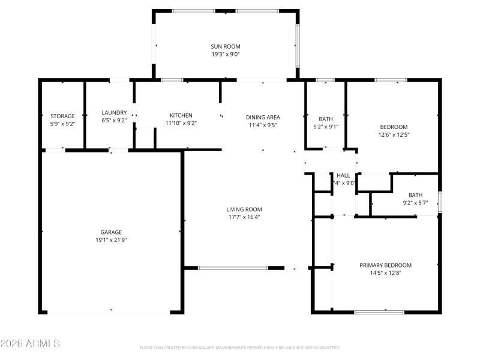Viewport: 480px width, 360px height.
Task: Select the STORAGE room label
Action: [x=62, y=116]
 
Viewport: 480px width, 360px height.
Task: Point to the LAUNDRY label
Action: [x=114, y=112]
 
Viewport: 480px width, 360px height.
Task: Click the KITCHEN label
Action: [x=181, y=115]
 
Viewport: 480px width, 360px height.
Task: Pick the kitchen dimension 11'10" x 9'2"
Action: [x=181, y=123]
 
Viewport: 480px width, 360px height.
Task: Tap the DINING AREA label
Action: [x=263, y=117]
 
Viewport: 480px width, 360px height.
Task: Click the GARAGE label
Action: [x=111, y=232]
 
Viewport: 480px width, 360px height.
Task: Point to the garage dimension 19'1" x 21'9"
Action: [x=111, y=240]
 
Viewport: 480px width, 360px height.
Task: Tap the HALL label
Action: [x=343, y=175]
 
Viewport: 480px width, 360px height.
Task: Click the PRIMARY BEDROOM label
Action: [x=385, y=265]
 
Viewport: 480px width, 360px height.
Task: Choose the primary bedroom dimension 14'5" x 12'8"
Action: [x=385, y=273]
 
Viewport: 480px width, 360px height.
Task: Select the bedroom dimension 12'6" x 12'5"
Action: [x=394, y=134]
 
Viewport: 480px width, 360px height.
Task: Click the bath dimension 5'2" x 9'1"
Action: [x=326, y=127]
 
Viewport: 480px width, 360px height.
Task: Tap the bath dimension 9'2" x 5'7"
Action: [x=415, y=203]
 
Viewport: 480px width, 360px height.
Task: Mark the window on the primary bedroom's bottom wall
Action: [x=379, y=311]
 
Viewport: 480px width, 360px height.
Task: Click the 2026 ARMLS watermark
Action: [x=30, y=344]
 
